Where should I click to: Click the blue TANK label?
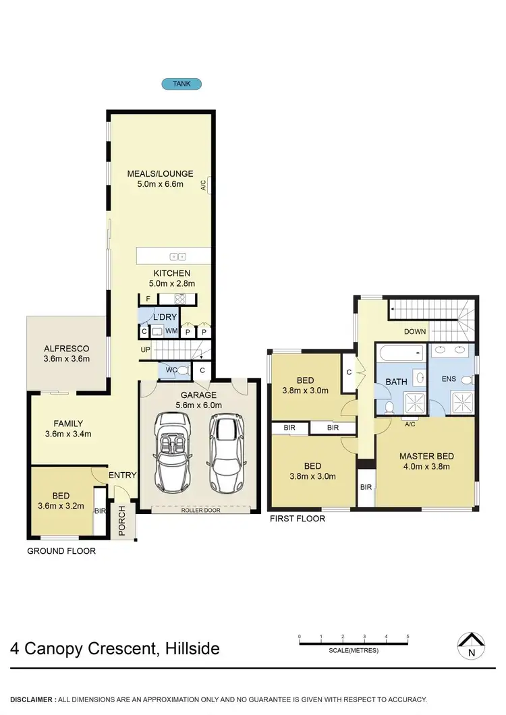click(181, 84)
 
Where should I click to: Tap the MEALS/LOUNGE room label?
click(161, 173)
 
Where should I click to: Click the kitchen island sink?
click(178, 256)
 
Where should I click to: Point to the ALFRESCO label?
click(66, 349)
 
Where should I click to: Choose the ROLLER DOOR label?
click(200, 511)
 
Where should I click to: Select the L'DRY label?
click(165, 317)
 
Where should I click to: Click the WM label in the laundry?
click(171, 331)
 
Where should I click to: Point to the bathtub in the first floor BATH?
click(401, 353)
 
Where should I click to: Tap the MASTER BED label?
click(426, 455)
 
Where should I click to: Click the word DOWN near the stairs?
click(415, 332)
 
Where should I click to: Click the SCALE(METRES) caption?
click(354, 651)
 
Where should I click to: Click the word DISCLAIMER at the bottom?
click(32, 699)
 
